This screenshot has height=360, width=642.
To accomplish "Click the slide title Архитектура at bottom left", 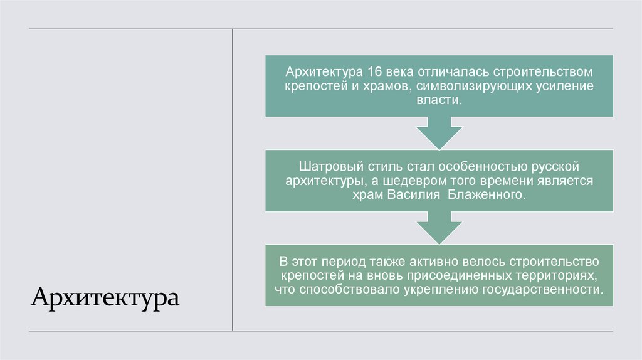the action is coord(105,295).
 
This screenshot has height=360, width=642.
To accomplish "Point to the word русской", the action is coord(554,167).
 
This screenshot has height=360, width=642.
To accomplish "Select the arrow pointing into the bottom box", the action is coord(438,229).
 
